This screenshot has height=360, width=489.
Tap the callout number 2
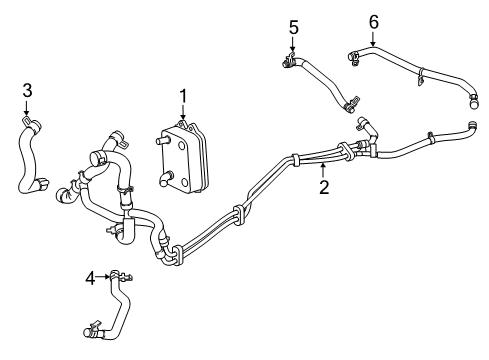click(x=323, y=186)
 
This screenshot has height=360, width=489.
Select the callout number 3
click(x=27, y=91)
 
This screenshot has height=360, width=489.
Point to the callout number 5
click(x=293, y=25)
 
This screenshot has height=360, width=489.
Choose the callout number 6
click(x=373, y=19)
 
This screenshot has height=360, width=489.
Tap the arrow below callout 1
click(x=183, y=115)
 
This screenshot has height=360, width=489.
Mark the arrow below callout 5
click(x=293, y=45)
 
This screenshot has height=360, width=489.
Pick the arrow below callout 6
click(x=373, y=39)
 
